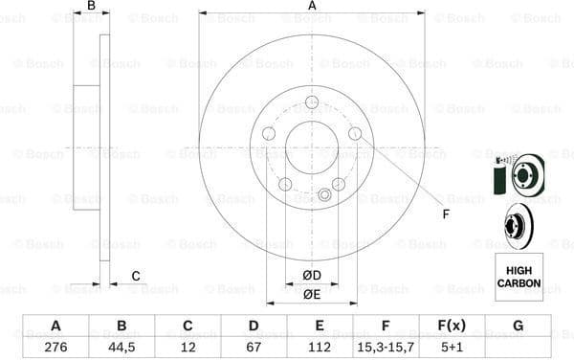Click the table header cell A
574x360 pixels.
tap(55, 326)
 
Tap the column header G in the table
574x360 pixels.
tap(518, 326)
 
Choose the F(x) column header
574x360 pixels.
tap(452, 326)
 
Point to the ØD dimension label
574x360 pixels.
tap(312, 276)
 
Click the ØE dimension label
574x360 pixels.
tap(312, 294)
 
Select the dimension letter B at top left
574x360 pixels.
tap(91, 7)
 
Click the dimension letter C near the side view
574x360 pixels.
tap(135, 276)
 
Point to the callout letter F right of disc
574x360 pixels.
tap(445, 214)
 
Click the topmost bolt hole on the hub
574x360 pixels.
tap(312, 103)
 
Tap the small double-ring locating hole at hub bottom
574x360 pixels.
tap(323, 195)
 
